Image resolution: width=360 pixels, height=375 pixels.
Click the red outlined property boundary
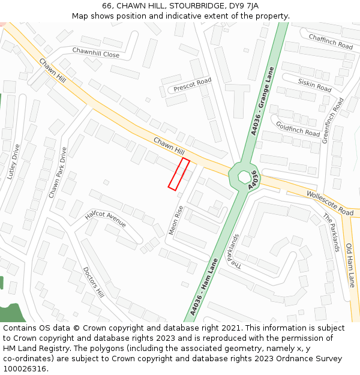pos(179,175)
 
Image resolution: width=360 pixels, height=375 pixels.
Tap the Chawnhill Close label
pos(96,53)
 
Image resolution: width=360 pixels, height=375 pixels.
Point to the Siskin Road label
pos(315,85)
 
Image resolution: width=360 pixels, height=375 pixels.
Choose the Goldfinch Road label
pos(298,128)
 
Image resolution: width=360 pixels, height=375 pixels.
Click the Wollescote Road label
pos(329,203)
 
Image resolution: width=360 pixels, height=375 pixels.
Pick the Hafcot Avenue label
pos(106,218)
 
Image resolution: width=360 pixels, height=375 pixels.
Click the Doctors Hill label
pos(94,282)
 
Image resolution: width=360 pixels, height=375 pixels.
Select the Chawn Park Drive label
pos(58,173)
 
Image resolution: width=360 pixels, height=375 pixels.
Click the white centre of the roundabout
pos(244,178)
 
